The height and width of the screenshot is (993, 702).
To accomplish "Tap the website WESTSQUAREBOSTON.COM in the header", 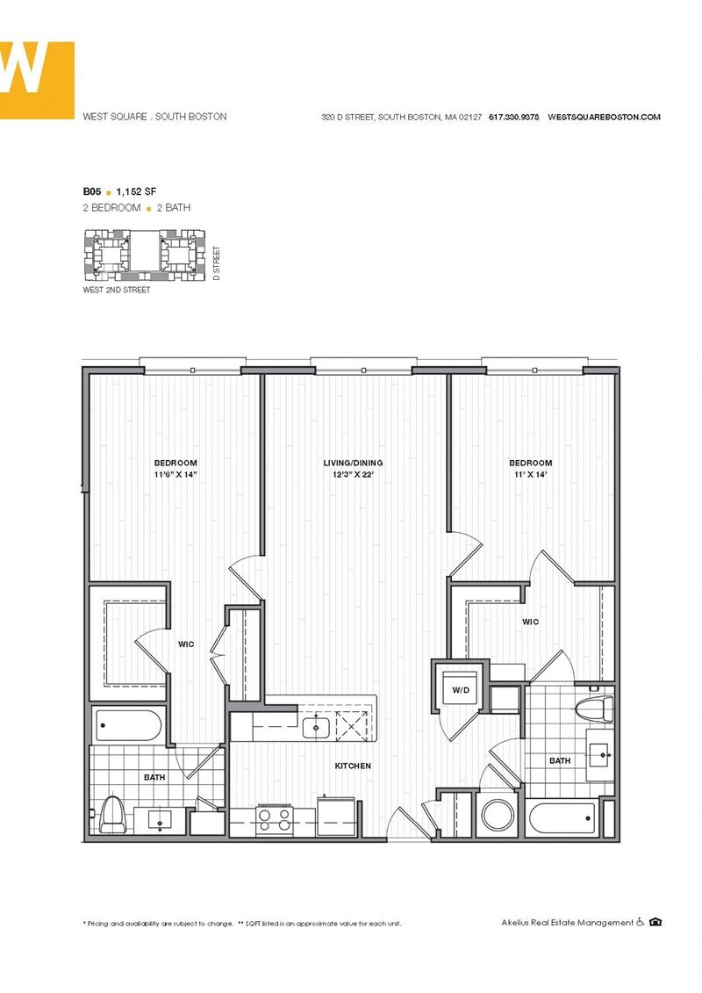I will point(604,117).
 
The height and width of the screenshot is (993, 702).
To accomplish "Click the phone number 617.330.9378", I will point(514,117).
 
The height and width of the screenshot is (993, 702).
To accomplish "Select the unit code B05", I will point(90,190).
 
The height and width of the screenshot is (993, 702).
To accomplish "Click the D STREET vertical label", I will point(217,263).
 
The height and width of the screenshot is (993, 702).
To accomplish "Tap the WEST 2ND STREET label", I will point(116,290).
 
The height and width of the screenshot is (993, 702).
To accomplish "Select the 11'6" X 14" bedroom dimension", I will point(175,475).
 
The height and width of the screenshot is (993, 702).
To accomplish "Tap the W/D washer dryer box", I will point(461,690).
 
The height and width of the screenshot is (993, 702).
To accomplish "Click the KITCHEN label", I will point(353,766).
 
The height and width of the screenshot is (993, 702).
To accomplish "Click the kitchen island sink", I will point(315,726).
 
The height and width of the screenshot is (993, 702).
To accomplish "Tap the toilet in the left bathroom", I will point(111,813).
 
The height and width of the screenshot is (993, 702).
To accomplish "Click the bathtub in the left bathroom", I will point(128,726).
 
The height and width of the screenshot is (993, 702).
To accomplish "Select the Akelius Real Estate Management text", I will point(567,923).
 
